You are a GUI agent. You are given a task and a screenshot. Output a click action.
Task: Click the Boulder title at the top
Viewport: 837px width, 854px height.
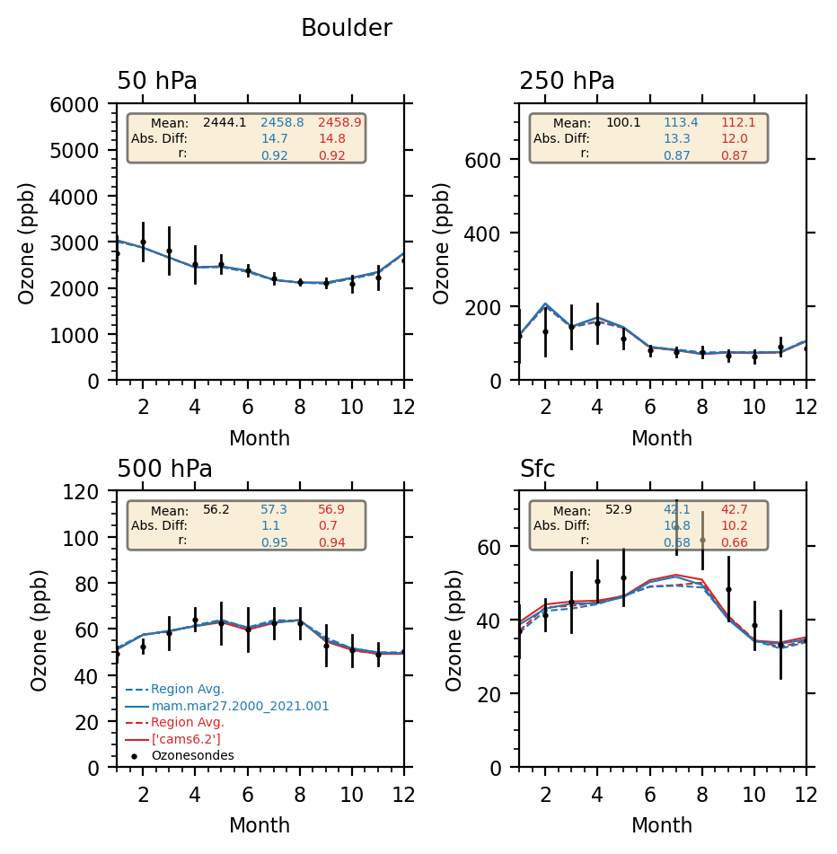346,29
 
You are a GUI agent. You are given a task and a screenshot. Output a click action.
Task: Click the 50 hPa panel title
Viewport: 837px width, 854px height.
157,82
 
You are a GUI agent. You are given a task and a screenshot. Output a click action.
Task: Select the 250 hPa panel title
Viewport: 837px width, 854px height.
567,82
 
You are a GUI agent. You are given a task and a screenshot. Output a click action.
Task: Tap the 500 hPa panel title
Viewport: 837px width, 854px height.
164,470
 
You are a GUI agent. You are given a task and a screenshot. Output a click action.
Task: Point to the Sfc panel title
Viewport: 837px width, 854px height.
537,470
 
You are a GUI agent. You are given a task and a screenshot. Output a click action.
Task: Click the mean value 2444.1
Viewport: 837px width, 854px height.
225,122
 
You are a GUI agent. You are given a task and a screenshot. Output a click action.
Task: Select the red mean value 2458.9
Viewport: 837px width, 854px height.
339,122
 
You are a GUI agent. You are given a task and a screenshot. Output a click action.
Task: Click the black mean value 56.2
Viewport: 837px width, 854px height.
216,509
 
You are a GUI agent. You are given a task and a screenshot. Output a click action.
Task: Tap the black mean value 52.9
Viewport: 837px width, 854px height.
619,509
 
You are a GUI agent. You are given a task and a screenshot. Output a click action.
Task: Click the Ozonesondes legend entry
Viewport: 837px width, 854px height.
192,755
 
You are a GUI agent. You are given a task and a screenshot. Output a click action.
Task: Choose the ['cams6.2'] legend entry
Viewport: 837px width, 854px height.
186,739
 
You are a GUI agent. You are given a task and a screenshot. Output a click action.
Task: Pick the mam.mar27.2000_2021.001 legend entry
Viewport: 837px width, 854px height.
240,707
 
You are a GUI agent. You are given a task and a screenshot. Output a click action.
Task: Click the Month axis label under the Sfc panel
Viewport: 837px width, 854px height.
662,825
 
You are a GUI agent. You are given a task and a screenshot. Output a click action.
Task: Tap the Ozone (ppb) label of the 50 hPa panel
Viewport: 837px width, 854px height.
28,242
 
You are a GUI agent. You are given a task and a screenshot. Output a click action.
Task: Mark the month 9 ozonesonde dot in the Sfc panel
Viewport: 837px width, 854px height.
728,590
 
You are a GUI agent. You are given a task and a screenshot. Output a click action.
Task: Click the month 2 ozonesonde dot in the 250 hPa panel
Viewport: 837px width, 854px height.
545,331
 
